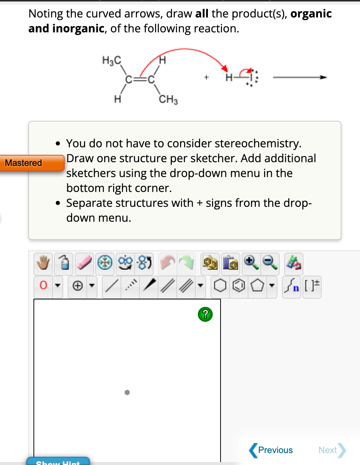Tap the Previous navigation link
(x=271, y=450)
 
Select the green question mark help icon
(x=205, y=314)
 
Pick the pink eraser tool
(x=84, y=263)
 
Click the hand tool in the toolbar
(x=43, y=263)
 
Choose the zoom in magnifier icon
(x=251, y=262)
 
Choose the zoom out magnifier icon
(x=270, y=262)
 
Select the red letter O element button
(x=43, y=285)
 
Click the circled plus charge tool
(x=77, y=286)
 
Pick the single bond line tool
(x=111, y=286)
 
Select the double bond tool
(x=167, y=286)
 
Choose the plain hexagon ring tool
(x=220, y=286)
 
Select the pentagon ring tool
(x=257, y=286)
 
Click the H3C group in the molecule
(x=112, y=60)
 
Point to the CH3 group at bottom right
(x=168, y=99)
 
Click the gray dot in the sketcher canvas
(x=127, y=392)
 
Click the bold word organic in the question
(x=311, y=14)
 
